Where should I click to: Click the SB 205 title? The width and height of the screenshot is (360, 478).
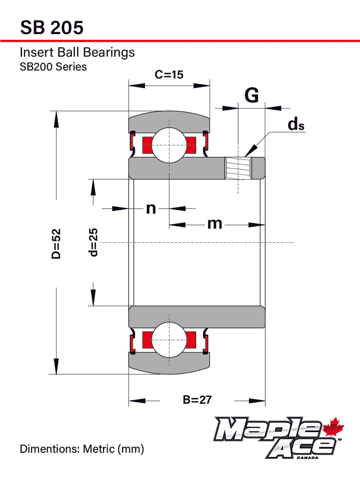(52, 28)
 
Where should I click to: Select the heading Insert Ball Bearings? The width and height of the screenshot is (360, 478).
(77, 52)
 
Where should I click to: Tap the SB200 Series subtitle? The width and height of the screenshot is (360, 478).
(53, 66)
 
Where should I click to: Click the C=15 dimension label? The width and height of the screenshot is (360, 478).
(169, 75)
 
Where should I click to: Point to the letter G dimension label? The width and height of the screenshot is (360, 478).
(251, 96)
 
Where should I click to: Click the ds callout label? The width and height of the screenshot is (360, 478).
(296, 124)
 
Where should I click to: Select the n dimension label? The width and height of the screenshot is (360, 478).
(151, 208)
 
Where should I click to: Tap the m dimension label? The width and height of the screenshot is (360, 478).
(215, 224)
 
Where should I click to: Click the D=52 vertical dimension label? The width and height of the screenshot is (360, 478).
(56, 243)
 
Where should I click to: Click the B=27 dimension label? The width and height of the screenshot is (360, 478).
(197, 400)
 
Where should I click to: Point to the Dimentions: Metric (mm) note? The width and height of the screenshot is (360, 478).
(82, 449)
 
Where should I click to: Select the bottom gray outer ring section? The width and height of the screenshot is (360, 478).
(169, 364)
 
